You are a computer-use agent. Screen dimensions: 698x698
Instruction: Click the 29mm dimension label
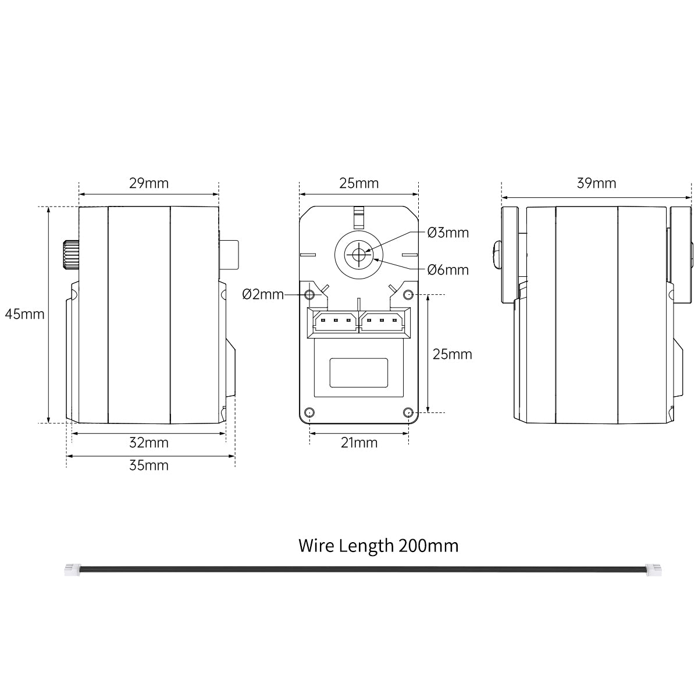pyautogui.click(x=149, y=183)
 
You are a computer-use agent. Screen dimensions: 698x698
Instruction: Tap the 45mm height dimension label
pyautogui.click(x=25, y=314)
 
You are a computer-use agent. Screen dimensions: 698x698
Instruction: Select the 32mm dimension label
pyautogui.click(x=149, y=443)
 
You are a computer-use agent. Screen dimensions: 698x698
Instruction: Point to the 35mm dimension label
pyautogui.click(x=149, y=465)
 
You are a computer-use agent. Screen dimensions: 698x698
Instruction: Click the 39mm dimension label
pyautogui.click(x=597, y=183)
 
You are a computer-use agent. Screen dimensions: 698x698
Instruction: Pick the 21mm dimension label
pyautogui.click(x=359, y=443)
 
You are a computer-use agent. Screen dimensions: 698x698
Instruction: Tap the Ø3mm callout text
pyautogui.click(x=448, y=233)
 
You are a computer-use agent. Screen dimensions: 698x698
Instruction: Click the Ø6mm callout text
pyautogui.click(x=448, y=270)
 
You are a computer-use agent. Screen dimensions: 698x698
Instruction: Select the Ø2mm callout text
pyautogui.click(x=263, y=294)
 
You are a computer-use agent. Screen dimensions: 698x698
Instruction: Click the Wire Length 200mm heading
pyautogui.click(x=378, y=546)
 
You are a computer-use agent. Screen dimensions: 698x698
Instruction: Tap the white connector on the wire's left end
pyautogui.click(x=72, y=570)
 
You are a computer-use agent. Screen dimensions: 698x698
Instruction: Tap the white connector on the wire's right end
pyautogui.click(x=654, y=570)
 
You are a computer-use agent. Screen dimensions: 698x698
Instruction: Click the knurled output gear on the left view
pyautogui.click(x=70, y=254)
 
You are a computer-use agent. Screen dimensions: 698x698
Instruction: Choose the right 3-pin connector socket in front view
pyautogui.click(x=383, y=321)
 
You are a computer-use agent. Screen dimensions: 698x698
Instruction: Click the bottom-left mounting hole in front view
pyautogui.click(x=309, y=412)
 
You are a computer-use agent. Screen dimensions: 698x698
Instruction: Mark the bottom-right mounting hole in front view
pyautogui.click(x=408, y=412)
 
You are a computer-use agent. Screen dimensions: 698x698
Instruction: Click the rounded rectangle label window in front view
pyautogui.click(x=359, y=373)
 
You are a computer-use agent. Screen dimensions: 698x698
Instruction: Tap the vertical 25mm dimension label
pyautogui.click(x=452, y=354)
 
